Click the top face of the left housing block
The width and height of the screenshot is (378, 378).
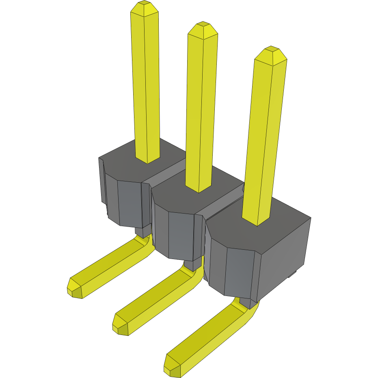122,162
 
